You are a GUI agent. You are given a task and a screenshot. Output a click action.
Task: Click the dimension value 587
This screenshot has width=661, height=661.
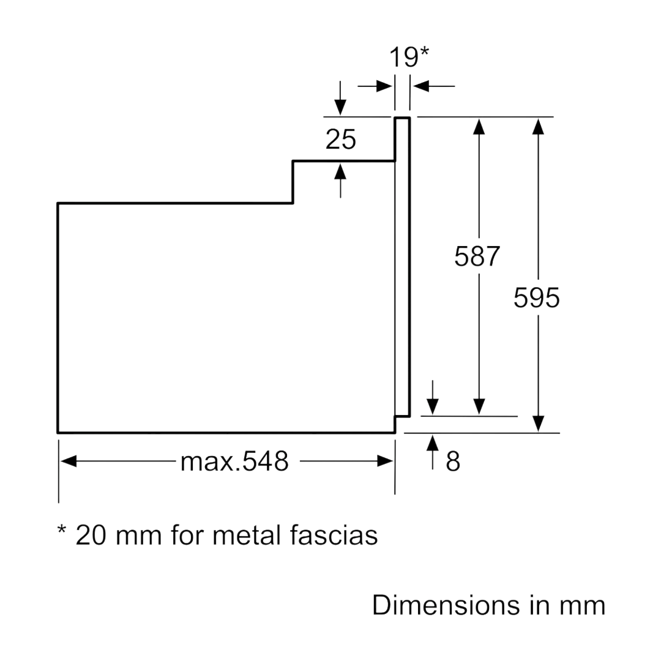click(x=477, y=256)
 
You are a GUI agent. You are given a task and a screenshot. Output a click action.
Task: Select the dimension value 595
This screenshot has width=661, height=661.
click(x=536, y=297)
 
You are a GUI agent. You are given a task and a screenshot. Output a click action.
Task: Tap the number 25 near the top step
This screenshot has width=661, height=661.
click(x=341, y=140)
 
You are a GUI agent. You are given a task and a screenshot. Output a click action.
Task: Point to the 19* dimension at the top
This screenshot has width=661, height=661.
click(x=409, y=57)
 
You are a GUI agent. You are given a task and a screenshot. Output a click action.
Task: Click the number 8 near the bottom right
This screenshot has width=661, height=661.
click(x=453, y=461)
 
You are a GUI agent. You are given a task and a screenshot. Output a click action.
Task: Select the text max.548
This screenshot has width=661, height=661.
click(x=234, y=461)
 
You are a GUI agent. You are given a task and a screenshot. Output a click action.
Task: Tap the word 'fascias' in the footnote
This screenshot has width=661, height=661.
click(x=334, y=536)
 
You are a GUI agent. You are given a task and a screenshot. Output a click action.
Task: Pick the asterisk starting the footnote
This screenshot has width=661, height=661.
click(x=62, y=529)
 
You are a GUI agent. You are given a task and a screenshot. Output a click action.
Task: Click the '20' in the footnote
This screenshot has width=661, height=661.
click(x=91, y=536)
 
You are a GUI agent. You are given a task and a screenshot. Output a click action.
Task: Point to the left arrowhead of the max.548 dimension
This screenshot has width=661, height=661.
click(x=69, y=461)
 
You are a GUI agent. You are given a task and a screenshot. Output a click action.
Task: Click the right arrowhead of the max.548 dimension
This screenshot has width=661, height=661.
click(x=386, y=461)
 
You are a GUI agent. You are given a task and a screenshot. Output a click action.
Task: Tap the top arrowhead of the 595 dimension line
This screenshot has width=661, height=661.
click(x=538, y=127)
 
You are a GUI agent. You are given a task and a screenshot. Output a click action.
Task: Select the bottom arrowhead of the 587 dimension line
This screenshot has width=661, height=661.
click(x=479, y=407)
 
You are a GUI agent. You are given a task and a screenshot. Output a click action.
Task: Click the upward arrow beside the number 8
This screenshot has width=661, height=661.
click(x=433, y=452)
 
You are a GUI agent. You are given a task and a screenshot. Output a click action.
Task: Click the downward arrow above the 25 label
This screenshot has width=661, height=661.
click(x=340, y=98)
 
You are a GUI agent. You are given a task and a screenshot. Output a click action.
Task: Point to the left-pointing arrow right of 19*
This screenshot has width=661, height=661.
click(x=433, y=86)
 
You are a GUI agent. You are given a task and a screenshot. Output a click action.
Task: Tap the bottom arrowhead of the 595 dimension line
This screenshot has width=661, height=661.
click(x=538, y=424)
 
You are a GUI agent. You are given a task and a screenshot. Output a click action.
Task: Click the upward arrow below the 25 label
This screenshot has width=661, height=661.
click(x=340, y=181)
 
